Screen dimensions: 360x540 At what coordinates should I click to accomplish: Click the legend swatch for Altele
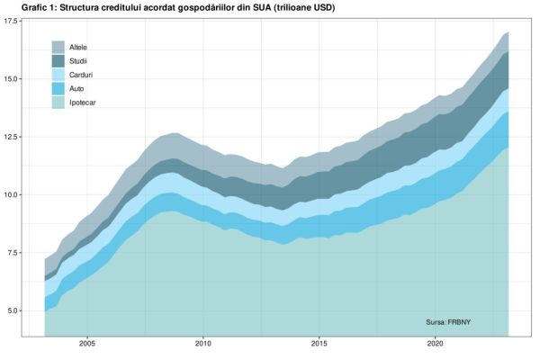(x=58, y=46)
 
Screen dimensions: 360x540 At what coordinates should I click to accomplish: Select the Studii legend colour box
(x=58, y=60)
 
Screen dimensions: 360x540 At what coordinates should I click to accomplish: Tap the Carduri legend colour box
(x=58, y=75)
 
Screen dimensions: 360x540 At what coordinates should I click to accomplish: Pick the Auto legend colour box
(x=58, y=89)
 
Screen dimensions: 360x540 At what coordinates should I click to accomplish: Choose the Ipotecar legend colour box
(x=58, y=103)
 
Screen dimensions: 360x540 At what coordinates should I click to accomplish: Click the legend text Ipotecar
(x=84, y=103)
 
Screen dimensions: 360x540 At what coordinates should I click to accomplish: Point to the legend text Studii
(x=79, y=60)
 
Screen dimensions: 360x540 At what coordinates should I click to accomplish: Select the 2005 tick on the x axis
(x=87, y=344)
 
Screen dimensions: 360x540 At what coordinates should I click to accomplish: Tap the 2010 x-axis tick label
(x=203, y=344)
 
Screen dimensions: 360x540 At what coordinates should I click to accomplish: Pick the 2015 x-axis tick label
(x=319, y=344)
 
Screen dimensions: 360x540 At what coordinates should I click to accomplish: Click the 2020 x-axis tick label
(x=435, y=344)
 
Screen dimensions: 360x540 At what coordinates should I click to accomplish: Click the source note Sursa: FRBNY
(x=449, y=321)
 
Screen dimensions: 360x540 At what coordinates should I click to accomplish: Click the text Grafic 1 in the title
(x=27, y=8)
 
